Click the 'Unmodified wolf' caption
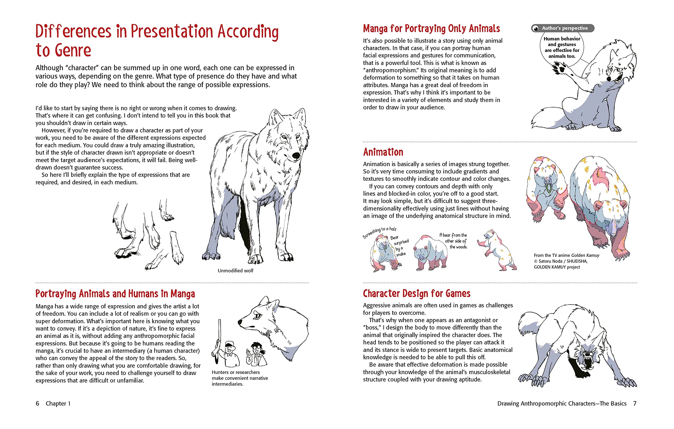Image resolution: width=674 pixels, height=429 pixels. (235, 271)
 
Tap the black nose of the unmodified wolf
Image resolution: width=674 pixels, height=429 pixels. (296, 155)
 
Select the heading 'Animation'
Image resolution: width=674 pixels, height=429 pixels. (383, 152)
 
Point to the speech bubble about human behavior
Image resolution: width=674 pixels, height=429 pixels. (562, 48)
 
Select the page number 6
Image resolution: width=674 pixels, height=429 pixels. (37, 403)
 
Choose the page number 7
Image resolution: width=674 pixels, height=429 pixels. (635, 403)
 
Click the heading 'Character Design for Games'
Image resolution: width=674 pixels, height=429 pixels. (417, 293)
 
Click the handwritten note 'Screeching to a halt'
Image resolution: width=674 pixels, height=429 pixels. (379, 232)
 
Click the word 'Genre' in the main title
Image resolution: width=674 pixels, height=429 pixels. (73, 51)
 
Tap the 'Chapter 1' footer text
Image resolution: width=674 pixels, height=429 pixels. (58, 403)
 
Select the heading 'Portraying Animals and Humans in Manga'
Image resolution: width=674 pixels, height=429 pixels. (115, 294)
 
